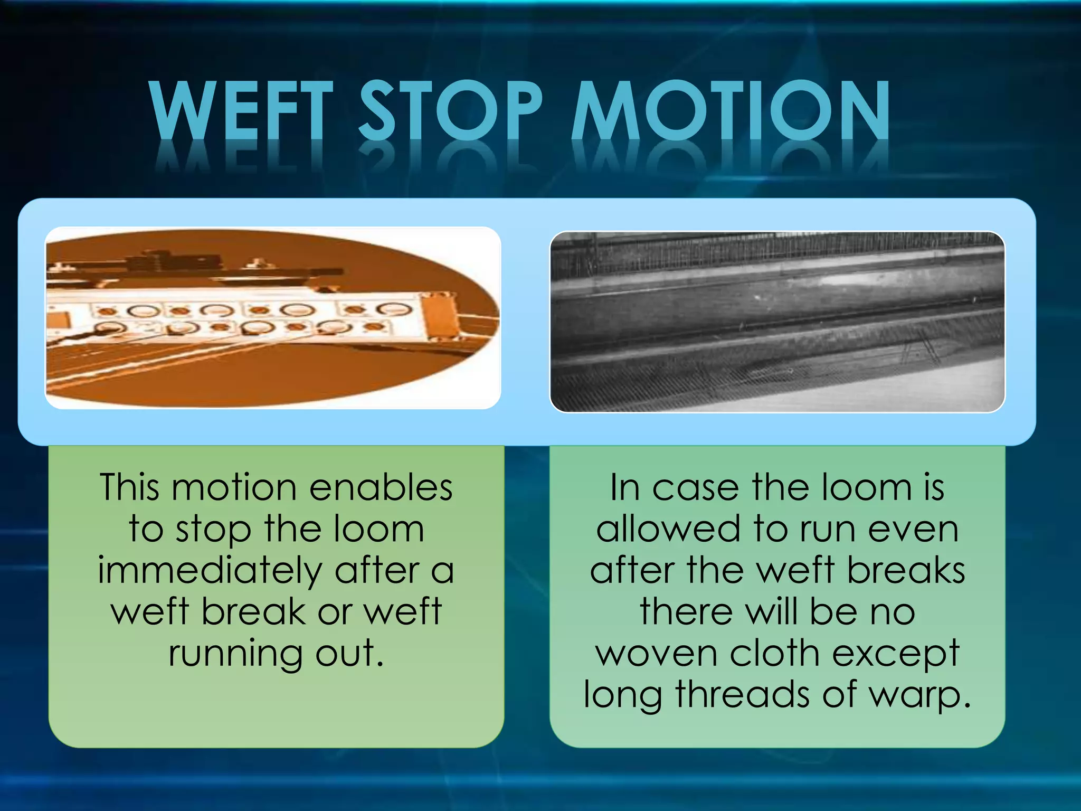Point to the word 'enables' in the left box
point(381,487)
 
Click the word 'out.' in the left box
point(349,654)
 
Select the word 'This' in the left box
point(129,487)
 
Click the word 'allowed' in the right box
point(669,529)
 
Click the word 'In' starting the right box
point(625,487)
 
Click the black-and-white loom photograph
point(777,322)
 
